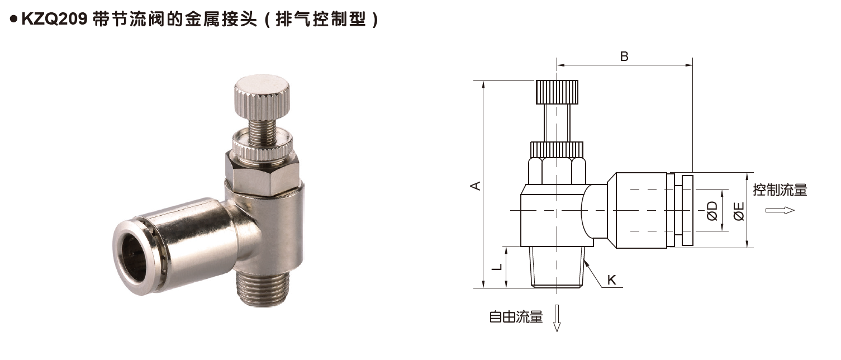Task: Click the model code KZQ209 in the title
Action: (53, 20)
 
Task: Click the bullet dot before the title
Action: (12, 20)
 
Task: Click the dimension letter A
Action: (475, 186)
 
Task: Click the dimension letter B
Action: (625, 56)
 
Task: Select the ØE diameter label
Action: (739, 211)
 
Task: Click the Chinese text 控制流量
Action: (780, 190)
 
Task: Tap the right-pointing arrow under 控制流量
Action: (780, 210)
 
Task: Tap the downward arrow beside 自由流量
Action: (557, 318)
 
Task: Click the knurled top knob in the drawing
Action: (557, 92)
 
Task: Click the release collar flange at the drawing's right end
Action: (687, 210)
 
